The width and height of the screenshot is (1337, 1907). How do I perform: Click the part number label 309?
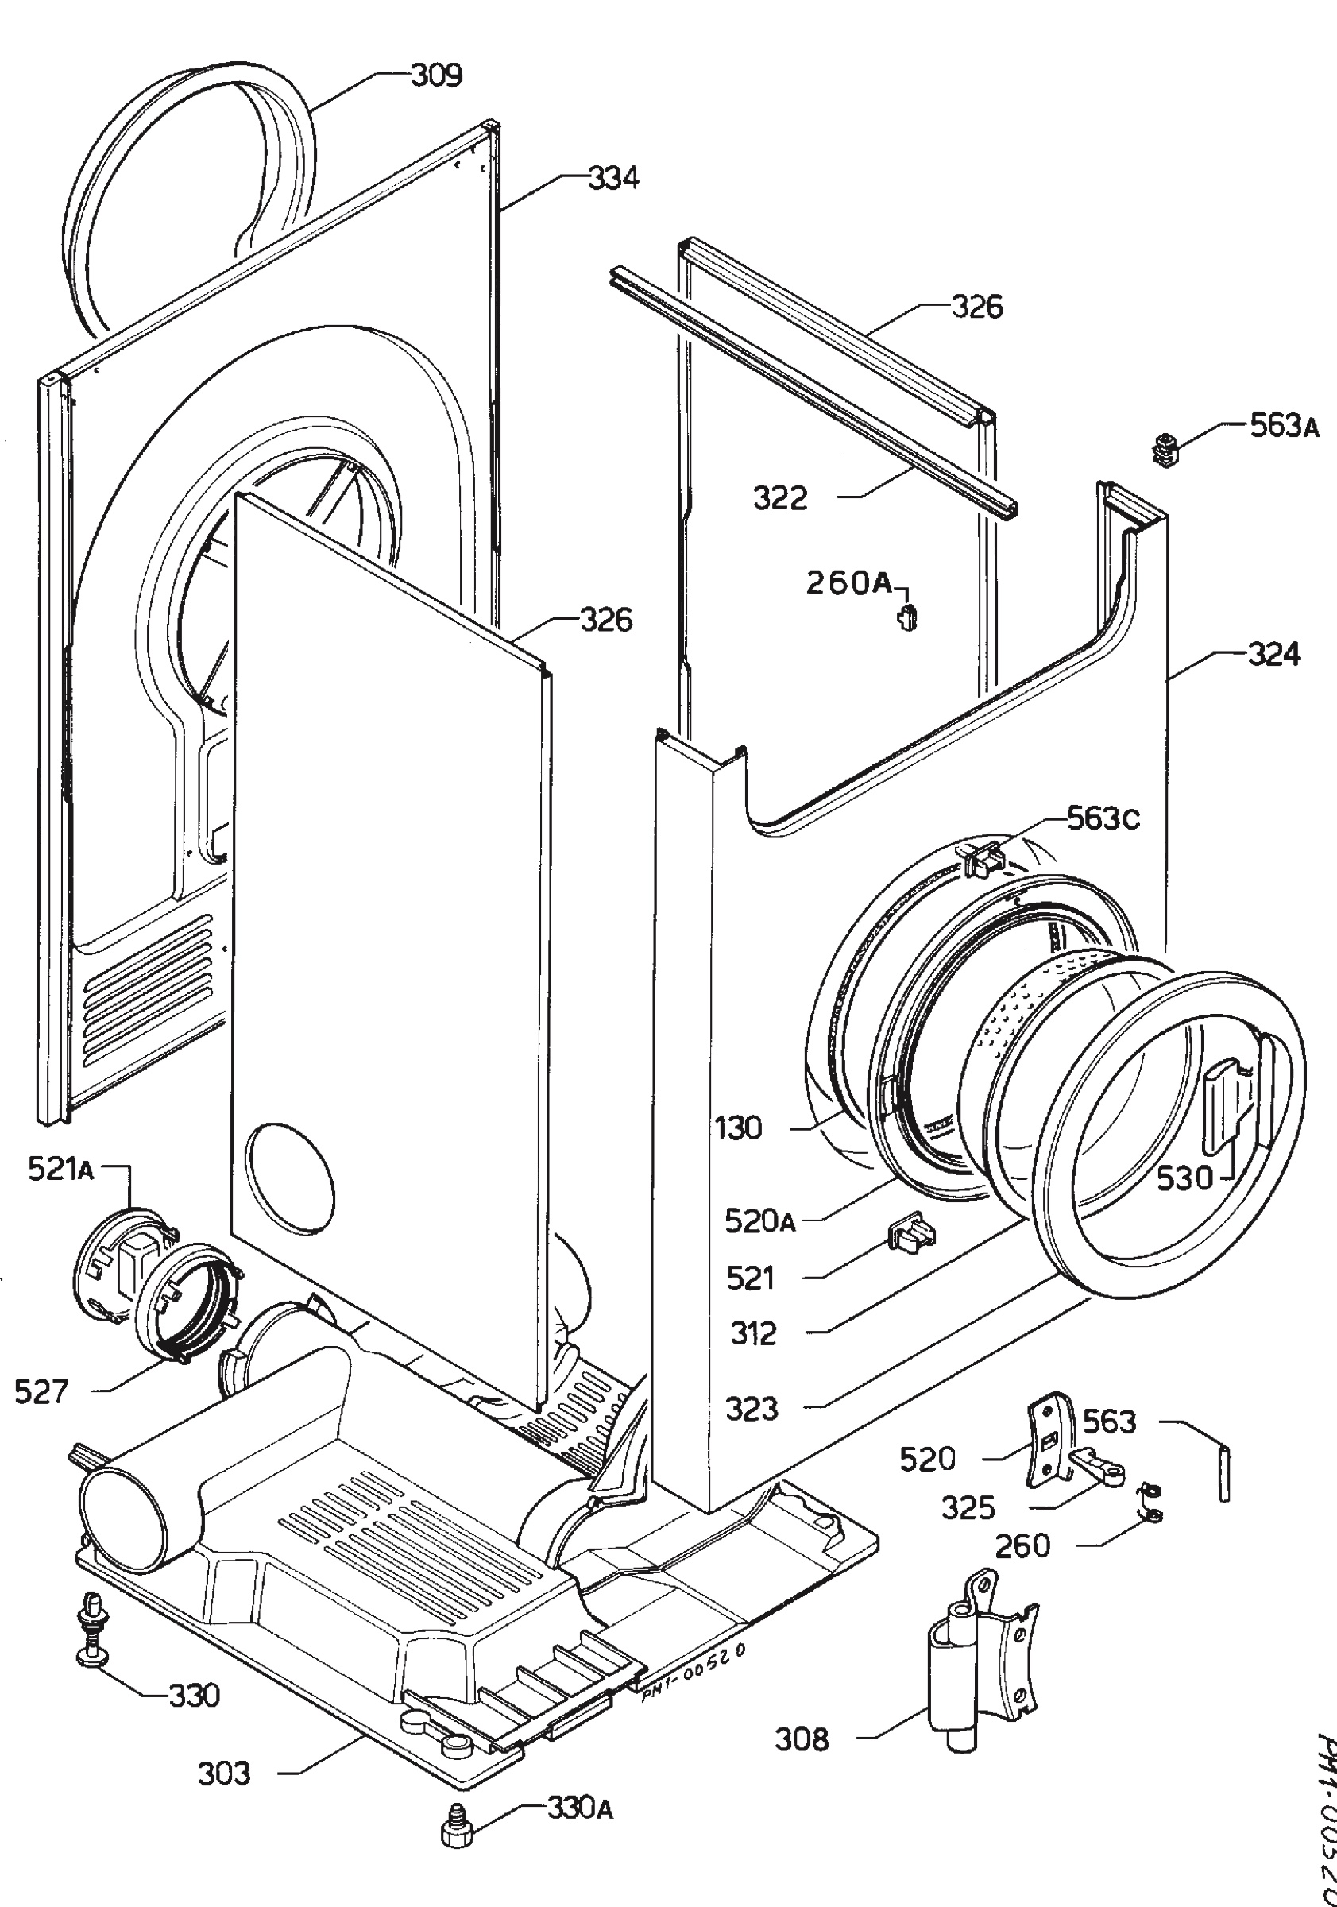click(437, 75)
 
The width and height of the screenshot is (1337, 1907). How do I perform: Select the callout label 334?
click(614, 178)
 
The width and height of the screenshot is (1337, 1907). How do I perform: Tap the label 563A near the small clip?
click(1285, 426)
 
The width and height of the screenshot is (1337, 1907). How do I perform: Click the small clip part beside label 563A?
click(1166, 451)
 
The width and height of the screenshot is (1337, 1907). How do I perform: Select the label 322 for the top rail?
click(780, 498)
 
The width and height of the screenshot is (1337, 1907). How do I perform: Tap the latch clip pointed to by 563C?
click(982, 857)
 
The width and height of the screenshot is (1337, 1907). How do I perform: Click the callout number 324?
click(1274, 655)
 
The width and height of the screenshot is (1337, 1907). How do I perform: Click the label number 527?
click(41, 1391)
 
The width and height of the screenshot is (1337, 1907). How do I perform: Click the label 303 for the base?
click(223, 1774)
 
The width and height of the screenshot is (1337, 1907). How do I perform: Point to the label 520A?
click(759, 1221)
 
